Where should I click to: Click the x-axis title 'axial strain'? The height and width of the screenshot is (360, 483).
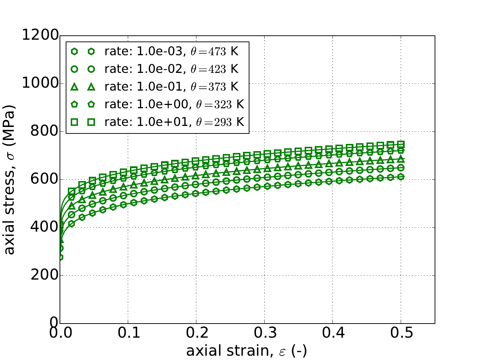click(247, 351)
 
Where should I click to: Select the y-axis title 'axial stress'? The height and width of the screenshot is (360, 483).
click(10, 179)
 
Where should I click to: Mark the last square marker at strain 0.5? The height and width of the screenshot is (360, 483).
click(401, 144)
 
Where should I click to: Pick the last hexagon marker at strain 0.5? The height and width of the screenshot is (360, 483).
click(401, 177)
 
